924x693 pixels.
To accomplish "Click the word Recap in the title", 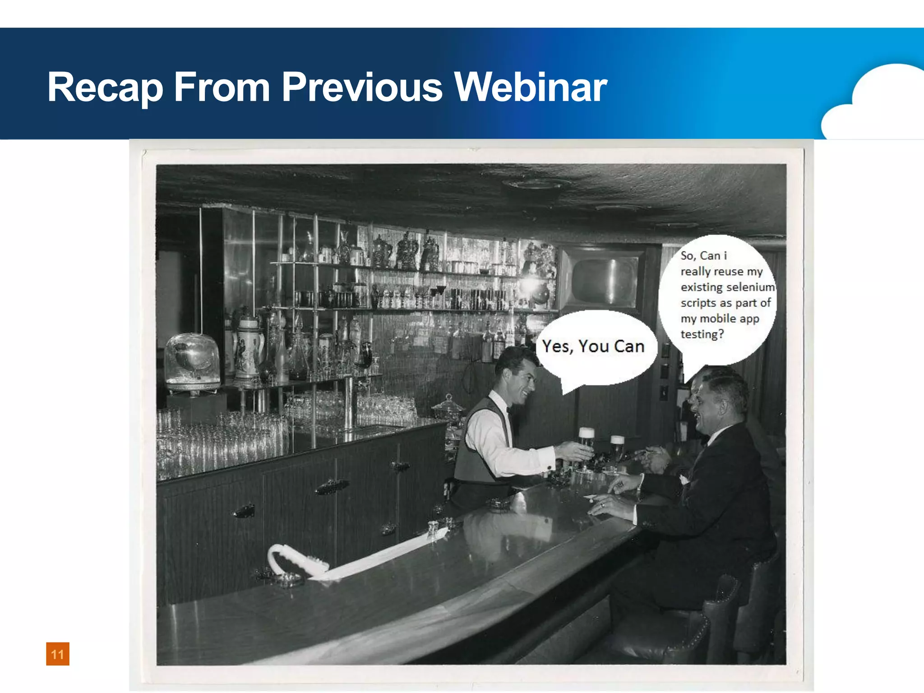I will (105, 88).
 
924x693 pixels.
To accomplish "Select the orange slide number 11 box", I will (58, 654).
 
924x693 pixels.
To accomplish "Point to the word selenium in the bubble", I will (751, 287).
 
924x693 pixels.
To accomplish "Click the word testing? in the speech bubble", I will (702, 334).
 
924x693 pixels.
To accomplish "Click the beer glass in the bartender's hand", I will (586, 444).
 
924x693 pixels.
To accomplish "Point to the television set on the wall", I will (605, 280).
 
